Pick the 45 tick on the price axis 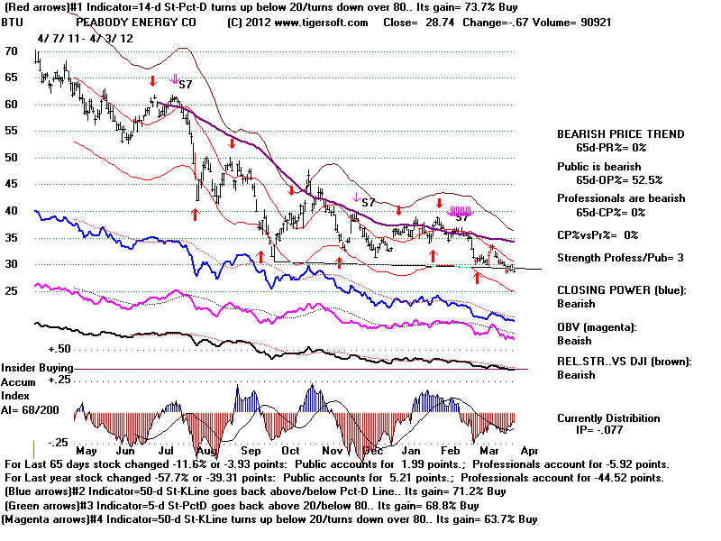point(13,184)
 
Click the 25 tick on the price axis point(13,291)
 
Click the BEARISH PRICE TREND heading point(620,134)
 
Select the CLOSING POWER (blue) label point(620,290)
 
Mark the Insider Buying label point(37,368)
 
